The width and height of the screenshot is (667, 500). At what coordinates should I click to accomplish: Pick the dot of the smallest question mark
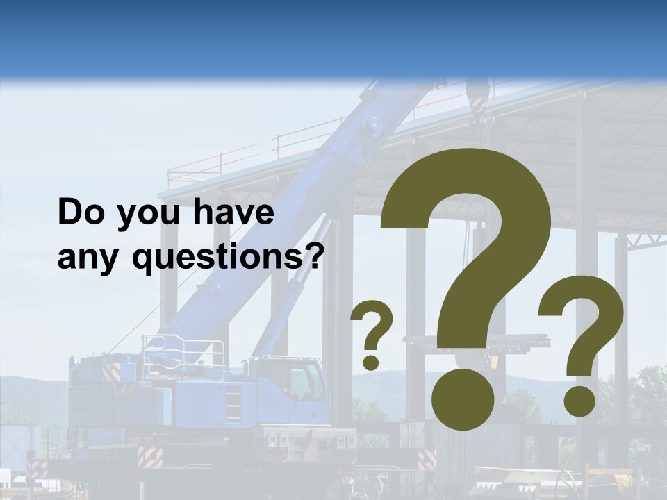372,362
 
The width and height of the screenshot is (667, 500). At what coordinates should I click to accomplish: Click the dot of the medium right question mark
579,402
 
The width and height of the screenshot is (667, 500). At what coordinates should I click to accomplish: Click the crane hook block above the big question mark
477,97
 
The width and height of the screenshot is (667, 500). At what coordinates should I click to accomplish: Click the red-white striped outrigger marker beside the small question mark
426,459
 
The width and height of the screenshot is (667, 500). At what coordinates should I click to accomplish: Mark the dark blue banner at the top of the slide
333,35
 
